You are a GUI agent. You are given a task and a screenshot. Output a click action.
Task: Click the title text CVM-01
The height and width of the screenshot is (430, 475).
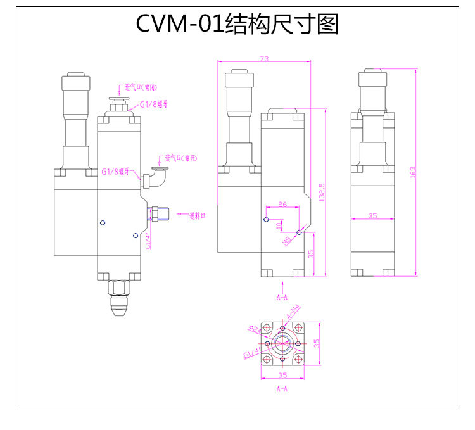179,24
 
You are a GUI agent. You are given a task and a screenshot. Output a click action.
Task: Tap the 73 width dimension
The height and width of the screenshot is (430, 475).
264,59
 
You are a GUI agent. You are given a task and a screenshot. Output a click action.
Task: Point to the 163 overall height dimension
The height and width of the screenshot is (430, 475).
412,173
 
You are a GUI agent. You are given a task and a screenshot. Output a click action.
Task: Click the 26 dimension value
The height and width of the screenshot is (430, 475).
282,204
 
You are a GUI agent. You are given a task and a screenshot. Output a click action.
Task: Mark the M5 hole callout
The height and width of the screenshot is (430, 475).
288,239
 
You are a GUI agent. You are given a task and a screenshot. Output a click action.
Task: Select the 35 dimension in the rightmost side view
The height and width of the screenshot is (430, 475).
372,216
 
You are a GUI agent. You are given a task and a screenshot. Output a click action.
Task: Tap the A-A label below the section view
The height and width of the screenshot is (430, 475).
282,388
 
